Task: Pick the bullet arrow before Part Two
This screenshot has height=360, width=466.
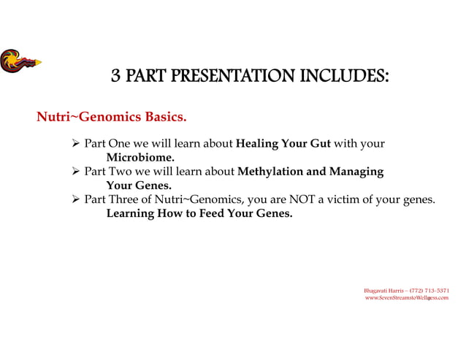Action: [74, 172]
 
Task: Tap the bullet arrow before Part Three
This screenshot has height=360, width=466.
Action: [74, 200]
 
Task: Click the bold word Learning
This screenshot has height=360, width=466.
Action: [131, 214]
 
